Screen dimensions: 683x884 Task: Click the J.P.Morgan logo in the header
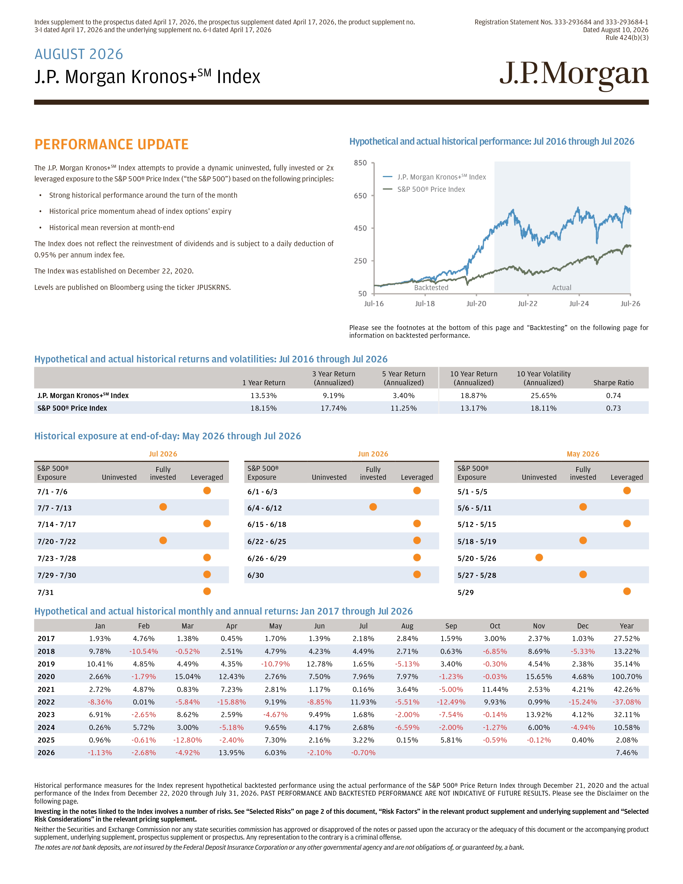(x=574, y=75)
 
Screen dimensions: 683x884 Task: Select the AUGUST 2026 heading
(x=79, y=54)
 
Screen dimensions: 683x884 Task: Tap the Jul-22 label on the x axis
(x=528, y=304)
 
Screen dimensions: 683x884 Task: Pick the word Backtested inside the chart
(x=431, y=288)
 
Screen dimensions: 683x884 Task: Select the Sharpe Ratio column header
(x=613, y=383)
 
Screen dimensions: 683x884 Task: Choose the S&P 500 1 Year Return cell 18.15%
(x=263, y=408)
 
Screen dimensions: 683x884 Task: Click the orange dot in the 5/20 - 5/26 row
(x=539, y=558)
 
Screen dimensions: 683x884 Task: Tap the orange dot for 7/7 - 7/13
(x=163, y=507)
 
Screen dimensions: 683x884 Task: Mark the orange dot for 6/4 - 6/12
(x=373, y=507)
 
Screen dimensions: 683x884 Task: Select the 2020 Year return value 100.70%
(x=627, y=676)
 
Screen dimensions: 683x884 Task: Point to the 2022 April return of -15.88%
(x=231, y=702)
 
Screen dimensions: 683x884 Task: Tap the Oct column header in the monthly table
(x=495, y=626)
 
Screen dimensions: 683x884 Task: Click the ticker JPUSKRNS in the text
(x=213, y=287)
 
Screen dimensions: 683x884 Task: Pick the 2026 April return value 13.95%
(x=231, y=752)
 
